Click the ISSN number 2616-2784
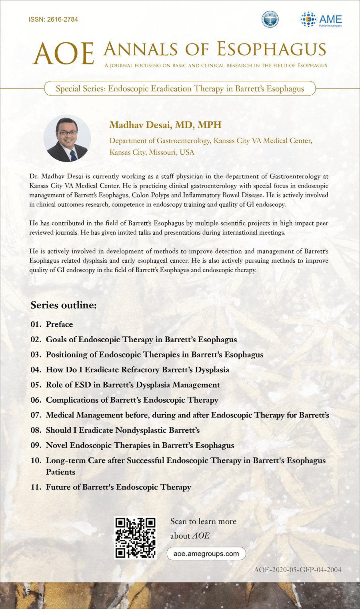[53, 19]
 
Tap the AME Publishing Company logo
[321, 20]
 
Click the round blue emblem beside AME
[270, 20]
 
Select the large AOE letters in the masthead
[63, 54]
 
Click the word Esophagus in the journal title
[272, 49]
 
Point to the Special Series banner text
[180, 88]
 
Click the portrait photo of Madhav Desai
[67, 139]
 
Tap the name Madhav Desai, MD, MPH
[165, 125]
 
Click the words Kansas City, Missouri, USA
[152, 152]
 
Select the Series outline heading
[64, 305]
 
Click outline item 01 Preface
[59, 324]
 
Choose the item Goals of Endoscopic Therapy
[141, 339]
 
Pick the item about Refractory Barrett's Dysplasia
[137, 369]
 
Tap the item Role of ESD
[133, 385]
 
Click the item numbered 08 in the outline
[122, 430]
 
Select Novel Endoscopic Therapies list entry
[140, 445]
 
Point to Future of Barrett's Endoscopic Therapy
[118, 487]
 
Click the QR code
[135, 538]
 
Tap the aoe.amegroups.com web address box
[206, 554]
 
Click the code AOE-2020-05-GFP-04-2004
[298, 569]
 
